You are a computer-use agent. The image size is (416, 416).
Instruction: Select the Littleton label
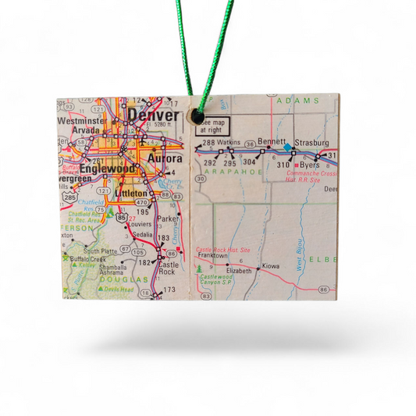click(x=130, y=193)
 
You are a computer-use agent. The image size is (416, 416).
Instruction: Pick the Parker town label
click(x=167, y=219)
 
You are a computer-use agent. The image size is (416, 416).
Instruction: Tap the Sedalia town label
click(x=142, y=234)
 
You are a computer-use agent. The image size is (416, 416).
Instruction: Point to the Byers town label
click(x=310, y=165)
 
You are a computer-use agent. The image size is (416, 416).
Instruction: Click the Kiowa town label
click(x=271, y=267)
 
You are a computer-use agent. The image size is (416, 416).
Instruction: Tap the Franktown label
click(x=213, y=255)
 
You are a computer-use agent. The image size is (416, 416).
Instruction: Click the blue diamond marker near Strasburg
click(x=286, y=147)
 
